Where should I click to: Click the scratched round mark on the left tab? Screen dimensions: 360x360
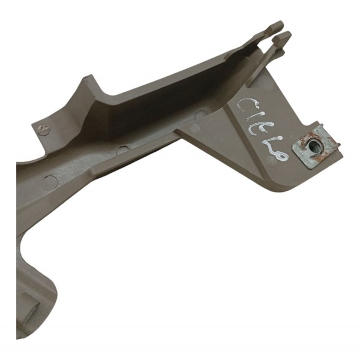[43, 129]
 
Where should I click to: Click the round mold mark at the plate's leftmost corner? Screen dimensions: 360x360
[195, 128]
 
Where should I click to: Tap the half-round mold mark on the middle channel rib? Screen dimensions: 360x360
[122, 150]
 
